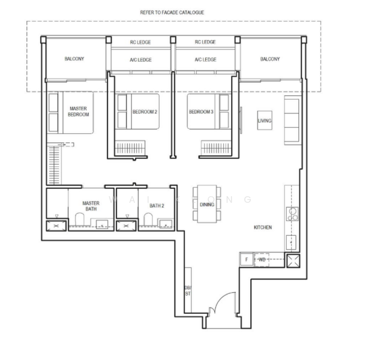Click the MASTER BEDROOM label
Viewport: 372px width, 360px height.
pos(77,111)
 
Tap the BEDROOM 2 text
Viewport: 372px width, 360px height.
pos(145,112)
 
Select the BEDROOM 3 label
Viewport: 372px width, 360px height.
pos(201,112)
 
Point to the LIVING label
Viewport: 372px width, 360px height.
pos(265,121)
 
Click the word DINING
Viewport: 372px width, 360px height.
pos(207,205)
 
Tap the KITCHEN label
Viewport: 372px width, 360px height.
pos(263,228)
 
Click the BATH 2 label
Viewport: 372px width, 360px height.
pos(157,206)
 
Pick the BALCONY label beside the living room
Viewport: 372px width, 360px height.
pos(269,59)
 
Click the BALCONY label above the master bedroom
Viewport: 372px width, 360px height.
pos(74,59)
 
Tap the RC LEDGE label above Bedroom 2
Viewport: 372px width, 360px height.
pos(140,42)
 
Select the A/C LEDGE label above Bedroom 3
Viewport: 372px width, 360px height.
pos(205,59)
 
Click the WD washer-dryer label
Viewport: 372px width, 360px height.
pos(262,259)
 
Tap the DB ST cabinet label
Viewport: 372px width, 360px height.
pos(187,290)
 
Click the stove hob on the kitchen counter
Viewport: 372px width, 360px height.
pos(292,213)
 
